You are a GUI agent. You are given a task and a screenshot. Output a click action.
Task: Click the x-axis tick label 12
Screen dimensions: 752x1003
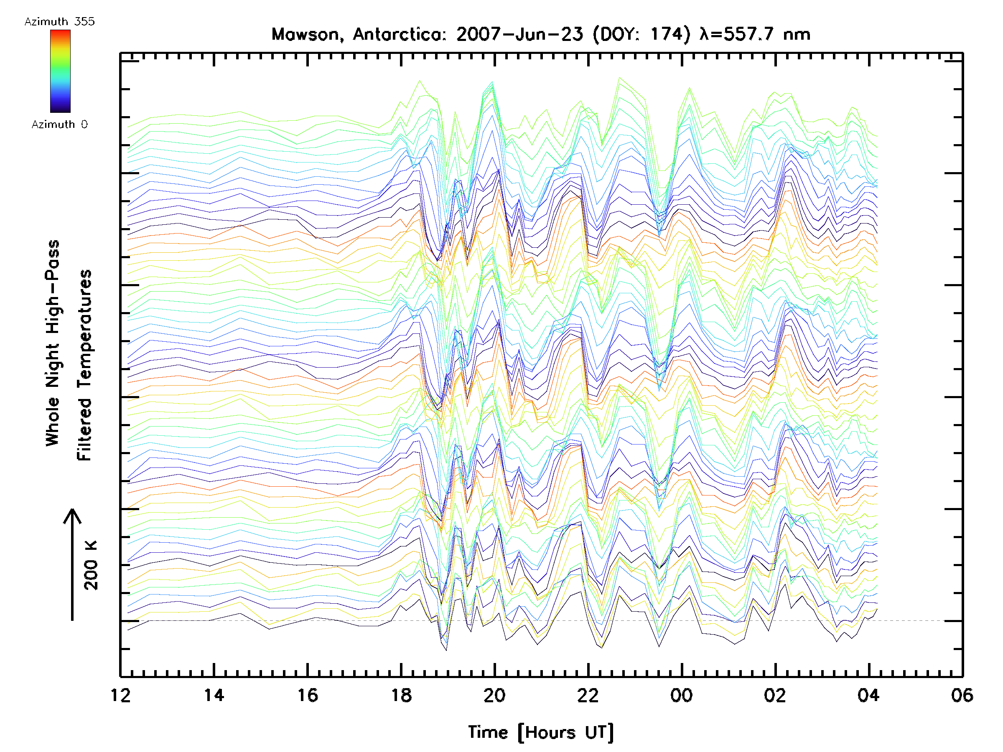pyautogui.click(x=120, y=695)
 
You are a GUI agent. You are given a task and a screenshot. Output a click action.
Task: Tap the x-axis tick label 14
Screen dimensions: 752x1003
pyautogui.click(x=214, y=695)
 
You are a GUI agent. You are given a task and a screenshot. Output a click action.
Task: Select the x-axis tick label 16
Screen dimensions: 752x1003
pyautogui.click(x=308, y=695)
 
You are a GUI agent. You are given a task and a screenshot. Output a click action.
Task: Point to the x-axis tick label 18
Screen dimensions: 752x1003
pyautogui.click(x=401, y=695)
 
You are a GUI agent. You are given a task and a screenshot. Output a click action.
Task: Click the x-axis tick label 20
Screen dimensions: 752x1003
pyautogui.click(x=495, y=695)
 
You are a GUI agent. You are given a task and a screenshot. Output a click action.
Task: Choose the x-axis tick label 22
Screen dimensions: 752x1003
pyautogui.click(x=588, y=695)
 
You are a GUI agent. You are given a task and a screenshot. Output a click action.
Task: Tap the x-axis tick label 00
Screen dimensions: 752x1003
pyautogui.click(x=682, y=695)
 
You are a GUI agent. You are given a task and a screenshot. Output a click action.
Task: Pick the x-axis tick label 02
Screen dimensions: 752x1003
pyautogui.click(x=775, y=695)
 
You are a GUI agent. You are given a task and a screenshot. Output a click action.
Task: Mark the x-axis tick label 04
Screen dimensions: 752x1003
pyautogui.click(x=868, y=695)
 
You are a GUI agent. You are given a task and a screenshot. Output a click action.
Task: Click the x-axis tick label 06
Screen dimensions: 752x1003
pyautogui.click(x=962, y=695)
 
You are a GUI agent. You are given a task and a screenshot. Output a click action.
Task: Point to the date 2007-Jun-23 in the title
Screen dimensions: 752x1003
pyautogui.click(x=519, y=34)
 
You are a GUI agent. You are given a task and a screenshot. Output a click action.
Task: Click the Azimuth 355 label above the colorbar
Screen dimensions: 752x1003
pyautogui.click(x=59, y=22)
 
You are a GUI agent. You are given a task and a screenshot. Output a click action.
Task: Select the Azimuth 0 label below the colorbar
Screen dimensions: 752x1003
pyautogui.click(x=59, y=124)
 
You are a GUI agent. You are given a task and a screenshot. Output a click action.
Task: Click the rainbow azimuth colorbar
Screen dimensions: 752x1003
pyautogui.click(x=60, y=71)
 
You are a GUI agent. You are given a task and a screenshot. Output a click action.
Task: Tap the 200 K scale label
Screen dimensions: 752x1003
pyautogui.click(x=91, y=565)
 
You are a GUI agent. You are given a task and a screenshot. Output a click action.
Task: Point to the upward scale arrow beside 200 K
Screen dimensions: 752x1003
pyautogui.click(x=72, y=564)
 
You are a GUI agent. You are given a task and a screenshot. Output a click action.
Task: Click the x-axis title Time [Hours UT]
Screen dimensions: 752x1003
pyautogui.click(x=541, y=732)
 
